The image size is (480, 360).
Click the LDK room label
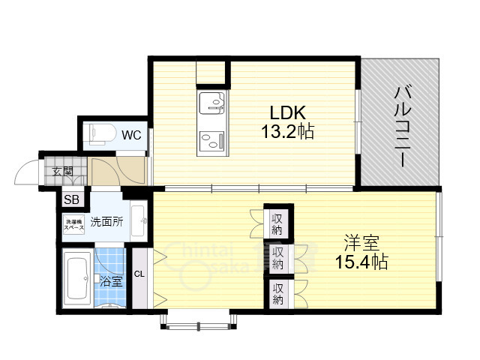pos(287,113)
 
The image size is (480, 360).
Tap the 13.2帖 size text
pos(288,132)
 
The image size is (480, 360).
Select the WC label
pos(132,136)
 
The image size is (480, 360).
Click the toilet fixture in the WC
pos(100,133)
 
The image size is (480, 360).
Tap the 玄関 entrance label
pos(62,172)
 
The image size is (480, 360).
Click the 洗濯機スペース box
pos(73,223)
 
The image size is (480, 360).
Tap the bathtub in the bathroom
pos(78,279)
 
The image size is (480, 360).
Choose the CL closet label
pos(139,274)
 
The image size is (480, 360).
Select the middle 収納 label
pos(277,258)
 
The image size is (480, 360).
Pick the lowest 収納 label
pos(277,294)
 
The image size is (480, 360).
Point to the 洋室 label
pos(361,244)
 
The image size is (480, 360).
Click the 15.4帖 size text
pos(361,263)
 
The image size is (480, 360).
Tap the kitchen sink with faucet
pos(213,101)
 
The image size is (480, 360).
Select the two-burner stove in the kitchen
pos(213,138)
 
